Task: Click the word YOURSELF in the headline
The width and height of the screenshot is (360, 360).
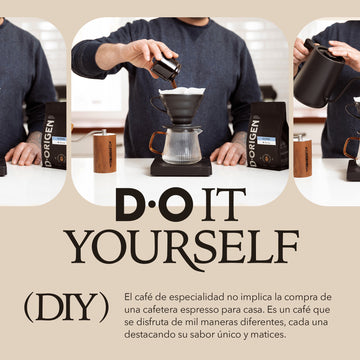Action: [x=181, y=247]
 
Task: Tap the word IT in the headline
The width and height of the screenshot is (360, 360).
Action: [x=224, y=205]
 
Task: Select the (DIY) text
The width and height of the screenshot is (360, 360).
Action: [x=67, y=306]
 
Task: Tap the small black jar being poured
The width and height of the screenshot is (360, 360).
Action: [x=166, y=68]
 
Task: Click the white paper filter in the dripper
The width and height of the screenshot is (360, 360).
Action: [x=182, y=91]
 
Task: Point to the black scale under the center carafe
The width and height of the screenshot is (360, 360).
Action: [x=181, y=168]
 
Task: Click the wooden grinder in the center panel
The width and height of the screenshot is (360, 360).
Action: [x=105, y=152]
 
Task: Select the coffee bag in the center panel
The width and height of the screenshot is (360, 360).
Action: [x=268, y=136]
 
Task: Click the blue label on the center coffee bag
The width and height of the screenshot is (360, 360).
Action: [x=266, y=141]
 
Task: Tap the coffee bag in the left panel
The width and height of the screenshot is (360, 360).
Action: [x=54, y=136]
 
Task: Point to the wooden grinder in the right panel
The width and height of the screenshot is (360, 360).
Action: [x=302, y=155]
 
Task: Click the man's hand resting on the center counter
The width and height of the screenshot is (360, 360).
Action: [x=230, y=154]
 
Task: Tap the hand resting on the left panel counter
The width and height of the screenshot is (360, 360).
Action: [x=24, y=153]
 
